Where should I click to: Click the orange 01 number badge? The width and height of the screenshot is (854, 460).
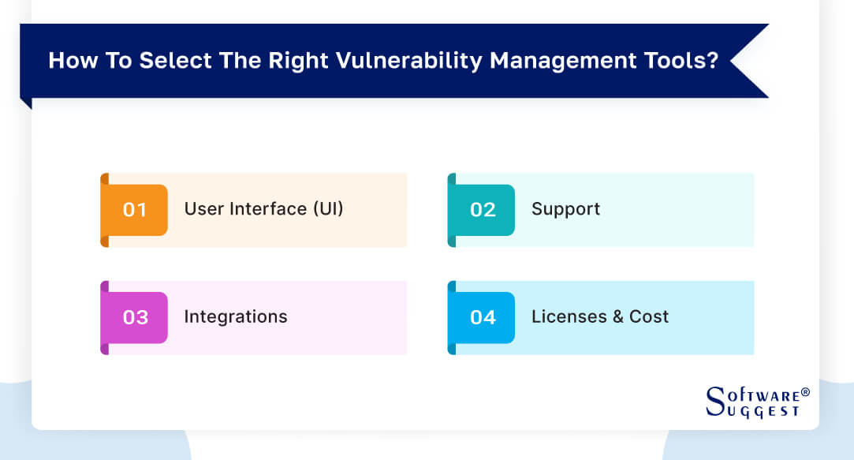tap(135, 210)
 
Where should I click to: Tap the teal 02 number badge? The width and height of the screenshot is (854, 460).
tap(482, 210)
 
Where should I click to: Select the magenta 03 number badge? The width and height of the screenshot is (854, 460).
tap(135, 317)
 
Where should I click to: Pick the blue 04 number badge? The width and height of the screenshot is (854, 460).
tap(482, 317)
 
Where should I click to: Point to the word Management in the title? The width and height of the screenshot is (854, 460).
tap(561, 62)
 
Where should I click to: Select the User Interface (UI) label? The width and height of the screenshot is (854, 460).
tap(263, 209)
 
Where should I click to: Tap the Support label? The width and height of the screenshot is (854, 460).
tap(565, 209)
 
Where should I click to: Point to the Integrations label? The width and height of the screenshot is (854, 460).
tap(236, 317)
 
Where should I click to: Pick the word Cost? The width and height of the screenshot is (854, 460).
tap(649, 317)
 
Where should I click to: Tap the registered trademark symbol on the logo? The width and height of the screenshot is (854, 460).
tap(805, 392)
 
